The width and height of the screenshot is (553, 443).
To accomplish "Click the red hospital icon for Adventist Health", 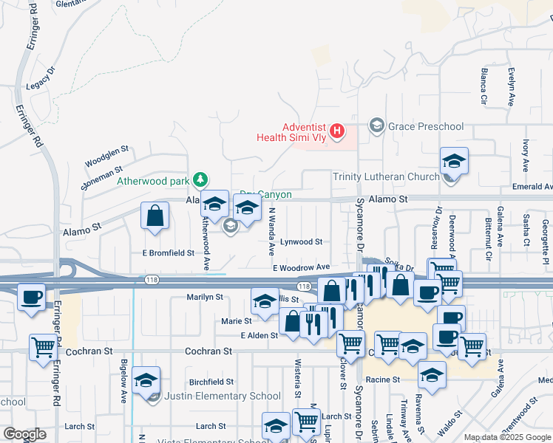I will coord(338,132).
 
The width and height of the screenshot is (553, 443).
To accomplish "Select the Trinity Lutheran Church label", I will coord(386,176).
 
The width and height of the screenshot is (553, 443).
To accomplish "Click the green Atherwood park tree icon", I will coord(200,179).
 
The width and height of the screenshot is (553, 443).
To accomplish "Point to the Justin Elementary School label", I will coord(223,396).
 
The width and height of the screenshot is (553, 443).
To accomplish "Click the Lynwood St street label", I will coord(302,241).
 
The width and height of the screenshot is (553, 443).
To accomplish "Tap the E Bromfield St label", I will coord(168,253).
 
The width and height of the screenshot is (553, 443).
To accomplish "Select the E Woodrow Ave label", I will coord(301,267).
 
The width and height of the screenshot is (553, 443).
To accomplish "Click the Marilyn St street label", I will coord(204,297).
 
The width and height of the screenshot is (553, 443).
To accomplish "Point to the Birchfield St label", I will coord(211,382).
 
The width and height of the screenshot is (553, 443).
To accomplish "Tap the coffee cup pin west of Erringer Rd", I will coord(31,297).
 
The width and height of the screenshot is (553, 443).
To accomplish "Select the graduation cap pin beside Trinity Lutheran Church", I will coord(454,161).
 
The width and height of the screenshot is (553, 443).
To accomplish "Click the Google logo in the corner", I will coord(24,434).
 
